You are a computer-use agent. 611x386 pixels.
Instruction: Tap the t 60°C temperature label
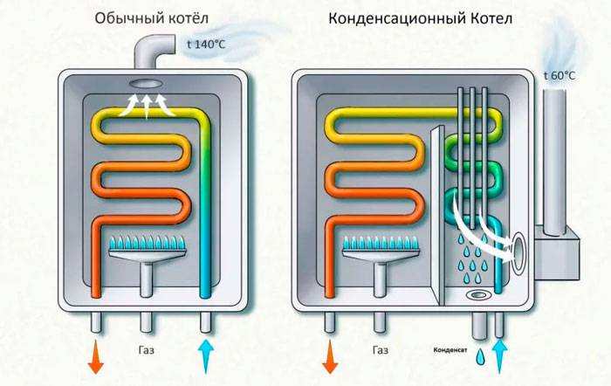[560, 75]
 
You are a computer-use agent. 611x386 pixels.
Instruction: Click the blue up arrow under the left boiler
[205, 355]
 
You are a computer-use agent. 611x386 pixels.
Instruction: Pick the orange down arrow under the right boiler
[330, 355]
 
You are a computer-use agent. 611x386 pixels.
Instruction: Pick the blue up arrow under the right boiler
[500, 355]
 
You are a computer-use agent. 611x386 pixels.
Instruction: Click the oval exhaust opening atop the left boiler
[148, 85]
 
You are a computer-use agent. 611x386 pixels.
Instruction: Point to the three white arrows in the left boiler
[148, 107]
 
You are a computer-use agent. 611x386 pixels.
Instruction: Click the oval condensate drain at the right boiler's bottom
[478, 294]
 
